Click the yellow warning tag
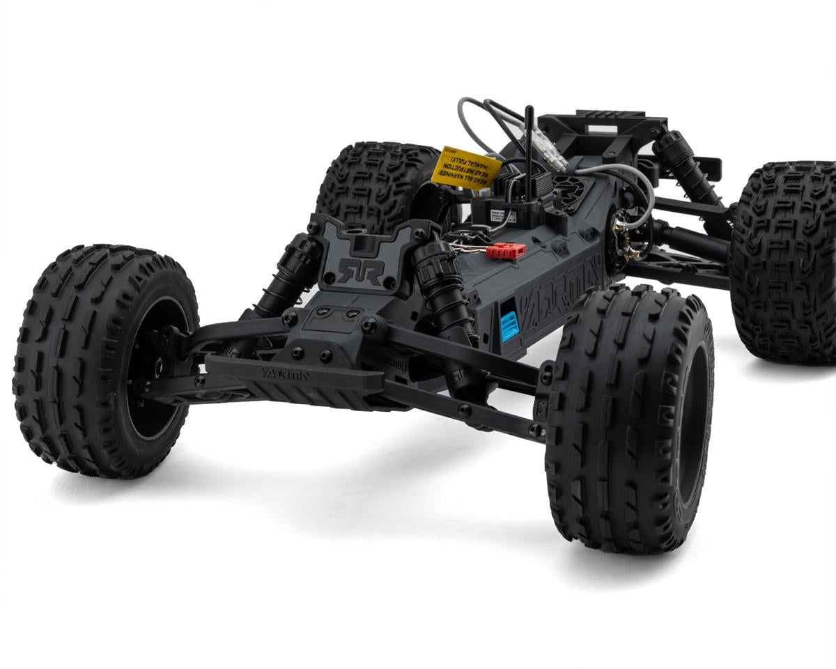click(x=465, y=168)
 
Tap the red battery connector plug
click(x=506, y=251)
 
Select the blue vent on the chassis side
click(x=509, y=325)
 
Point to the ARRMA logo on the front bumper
click(x=286, y=374)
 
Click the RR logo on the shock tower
click(x=360, y=271)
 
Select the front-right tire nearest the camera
click(x=627, y=418)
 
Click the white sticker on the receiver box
click(x=498, y=215)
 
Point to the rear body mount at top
click(x=603, y=129)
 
